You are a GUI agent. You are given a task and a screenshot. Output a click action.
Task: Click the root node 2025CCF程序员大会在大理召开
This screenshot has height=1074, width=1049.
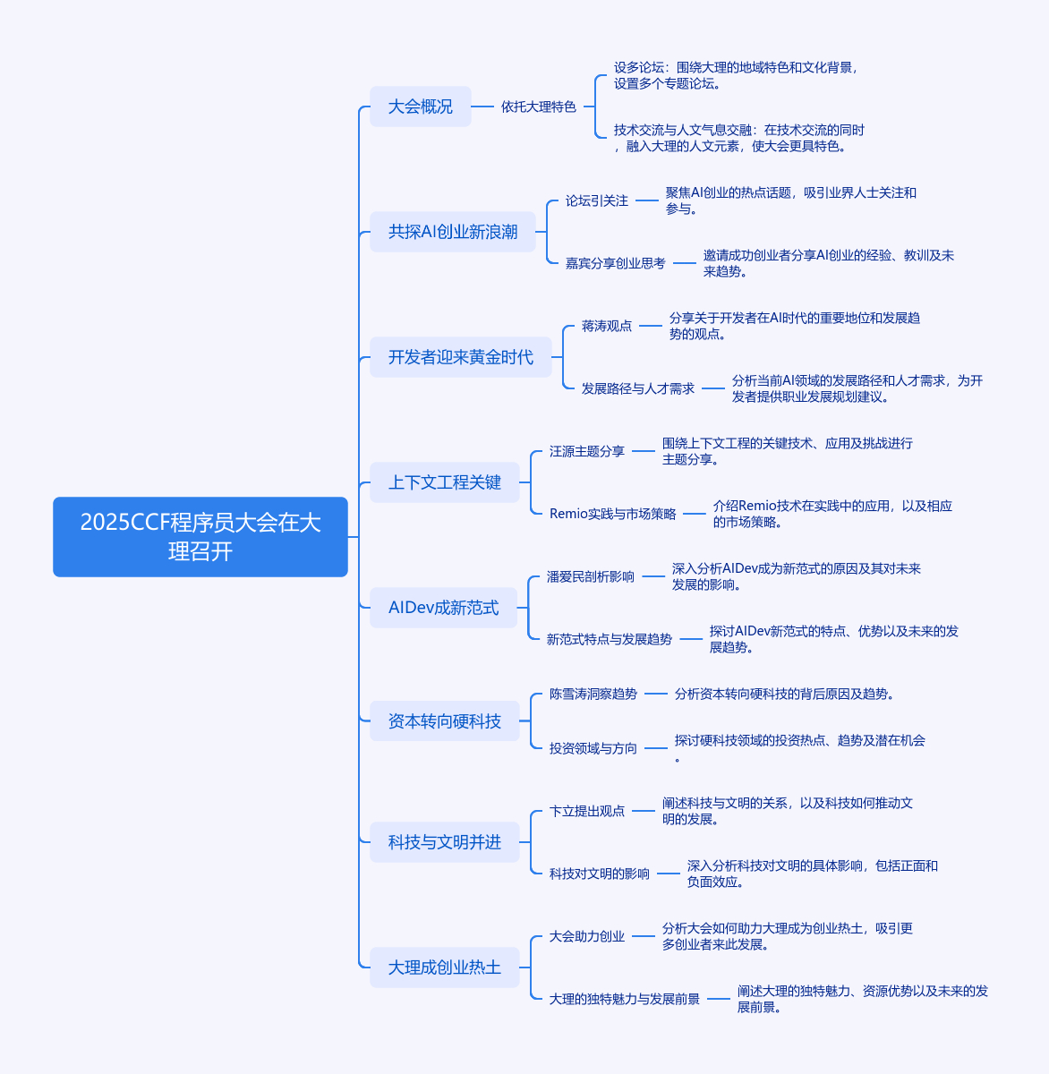(200, 536)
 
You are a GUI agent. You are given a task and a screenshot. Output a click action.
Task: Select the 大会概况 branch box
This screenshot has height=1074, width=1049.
(421, 107)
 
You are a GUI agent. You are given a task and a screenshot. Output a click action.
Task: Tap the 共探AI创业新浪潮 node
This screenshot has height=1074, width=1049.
(453, 232)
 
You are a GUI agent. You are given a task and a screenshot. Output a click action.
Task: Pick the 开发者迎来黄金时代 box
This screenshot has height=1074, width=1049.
(461, 357)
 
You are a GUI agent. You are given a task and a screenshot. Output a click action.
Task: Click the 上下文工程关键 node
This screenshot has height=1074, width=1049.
(445, 482)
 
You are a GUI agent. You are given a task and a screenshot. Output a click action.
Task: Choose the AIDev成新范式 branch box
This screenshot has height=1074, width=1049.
(443, 608)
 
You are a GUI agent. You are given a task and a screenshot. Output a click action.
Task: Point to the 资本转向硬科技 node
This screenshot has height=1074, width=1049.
(445, 720)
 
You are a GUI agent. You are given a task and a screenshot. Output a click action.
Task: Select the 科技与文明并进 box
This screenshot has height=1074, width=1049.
(445, 842)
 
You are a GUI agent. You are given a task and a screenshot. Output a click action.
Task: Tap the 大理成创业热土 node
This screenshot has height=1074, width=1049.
(445, 967)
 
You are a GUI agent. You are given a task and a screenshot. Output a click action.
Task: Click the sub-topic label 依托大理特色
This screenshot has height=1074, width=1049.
(539, 107)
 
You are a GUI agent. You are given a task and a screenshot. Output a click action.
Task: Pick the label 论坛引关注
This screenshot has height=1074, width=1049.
(596, 200)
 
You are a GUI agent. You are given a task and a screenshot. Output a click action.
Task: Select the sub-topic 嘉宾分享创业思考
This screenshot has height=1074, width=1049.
(615, 263)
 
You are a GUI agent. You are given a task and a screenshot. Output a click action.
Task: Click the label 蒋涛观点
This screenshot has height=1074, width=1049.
(607, 326)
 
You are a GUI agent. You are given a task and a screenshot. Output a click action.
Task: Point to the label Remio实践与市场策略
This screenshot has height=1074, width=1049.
(612, 514)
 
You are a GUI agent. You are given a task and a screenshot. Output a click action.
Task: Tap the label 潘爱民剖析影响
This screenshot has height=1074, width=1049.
(591, 576)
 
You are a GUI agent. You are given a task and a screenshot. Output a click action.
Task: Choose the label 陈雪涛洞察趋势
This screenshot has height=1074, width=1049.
(593, 694)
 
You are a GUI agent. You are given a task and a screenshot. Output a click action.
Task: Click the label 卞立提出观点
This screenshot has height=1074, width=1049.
(586, 811)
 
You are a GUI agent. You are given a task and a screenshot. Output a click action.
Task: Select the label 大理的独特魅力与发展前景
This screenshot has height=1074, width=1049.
(624, 999)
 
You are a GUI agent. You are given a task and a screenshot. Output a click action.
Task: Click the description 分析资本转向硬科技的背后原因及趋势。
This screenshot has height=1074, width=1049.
(784, 694)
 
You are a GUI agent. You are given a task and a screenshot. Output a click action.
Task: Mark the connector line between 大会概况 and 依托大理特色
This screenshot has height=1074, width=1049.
(482, 107)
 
